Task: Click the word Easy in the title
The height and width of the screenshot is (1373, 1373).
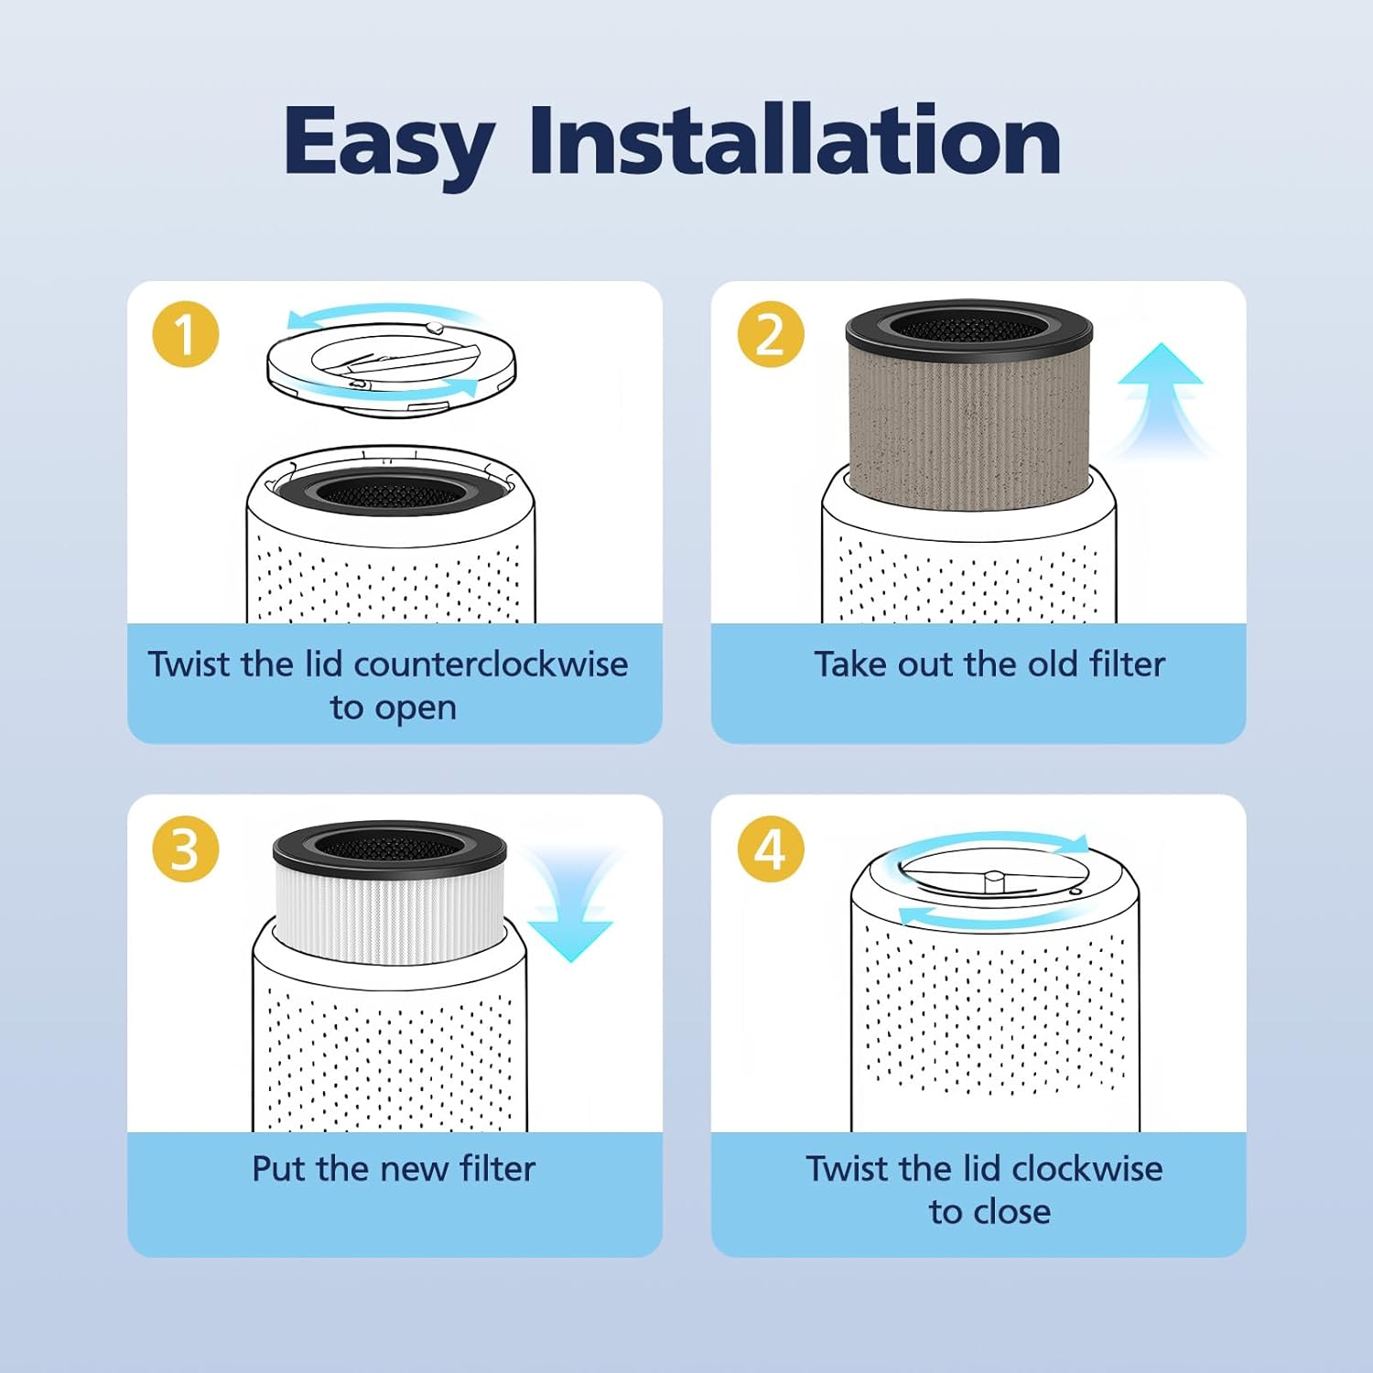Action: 388,142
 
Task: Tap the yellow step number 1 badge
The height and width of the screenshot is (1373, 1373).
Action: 186,334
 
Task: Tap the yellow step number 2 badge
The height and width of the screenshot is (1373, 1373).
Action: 771,334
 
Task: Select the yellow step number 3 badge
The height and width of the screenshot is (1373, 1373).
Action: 186,849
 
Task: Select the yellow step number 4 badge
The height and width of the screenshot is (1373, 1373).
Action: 771,849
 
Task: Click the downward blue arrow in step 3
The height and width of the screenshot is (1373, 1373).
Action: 570,906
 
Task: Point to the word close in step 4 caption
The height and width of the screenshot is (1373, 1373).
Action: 1013,1212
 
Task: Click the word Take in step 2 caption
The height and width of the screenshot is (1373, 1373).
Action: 850,665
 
